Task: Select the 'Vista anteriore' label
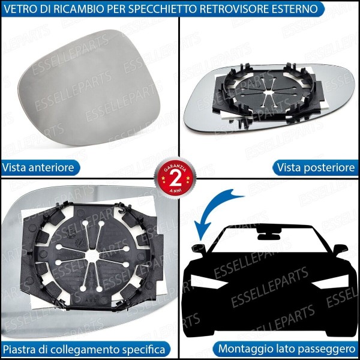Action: pyautogui.click(x=38, y=167)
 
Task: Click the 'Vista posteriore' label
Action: pyautogui.click(x=316, y=167)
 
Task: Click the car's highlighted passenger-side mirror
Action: pyautogui.click(x=199, y=248)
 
